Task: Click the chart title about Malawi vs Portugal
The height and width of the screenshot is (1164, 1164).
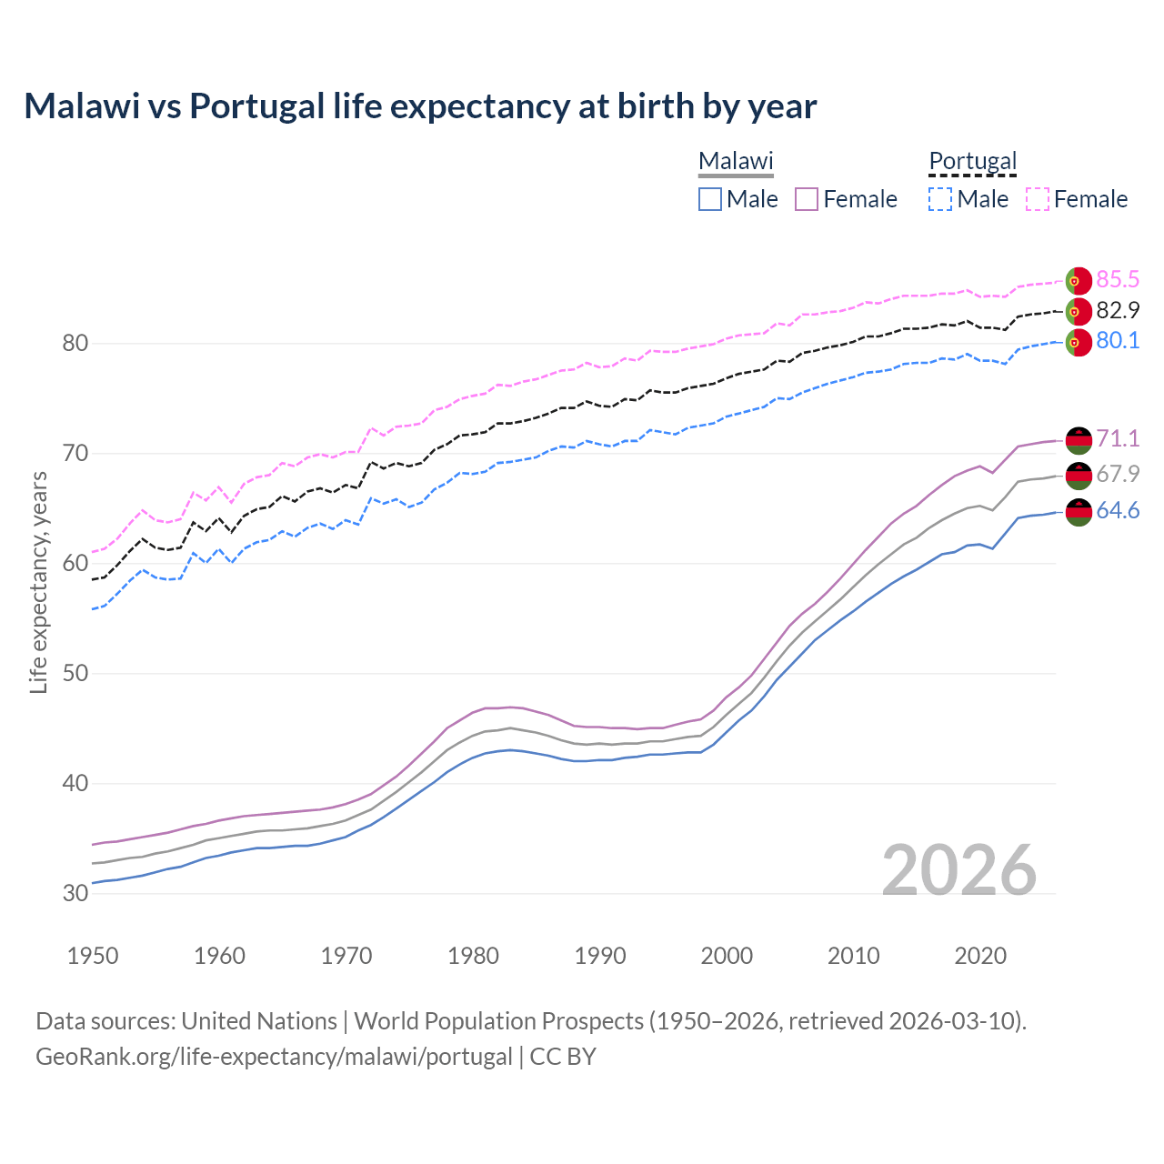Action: tap(420, 106)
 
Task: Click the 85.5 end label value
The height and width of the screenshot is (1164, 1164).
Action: tap(1118, 279)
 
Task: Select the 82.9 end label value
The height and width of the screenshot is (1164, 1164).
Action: tap(1118, 310)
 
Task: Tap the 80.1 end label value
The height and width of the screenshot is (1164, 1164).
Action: tap(1118, 341)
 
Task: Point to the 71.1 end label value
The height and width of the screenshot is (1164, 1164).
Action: tap(1118, 438)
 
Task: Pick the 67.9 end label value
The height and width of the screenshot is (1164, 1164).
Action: tap(1118, 474)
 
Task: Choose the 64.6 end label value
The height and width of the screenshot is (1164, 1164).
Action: tap(1118, 511)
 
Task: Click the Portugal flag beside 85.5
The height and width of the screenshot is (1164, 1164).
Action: tap(1079, 281)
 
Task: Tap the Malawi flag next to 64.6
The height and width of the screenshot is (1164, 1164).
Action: tap(1079, 512)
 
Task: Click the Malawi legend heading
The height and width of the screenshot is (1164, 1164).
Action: tap(736, 161)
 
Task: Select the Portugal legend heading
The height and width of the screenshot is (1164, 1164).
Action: tap(972, 161)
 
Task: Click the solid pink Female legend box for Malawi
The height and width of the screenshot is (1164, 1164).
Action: tap(807, 199)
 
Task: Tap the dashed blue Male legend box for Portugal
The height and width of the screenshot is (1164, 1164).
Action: tap(940, 199)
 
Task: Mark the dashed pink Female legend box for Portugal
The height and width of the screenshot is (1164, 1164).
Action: tap(1038, 199)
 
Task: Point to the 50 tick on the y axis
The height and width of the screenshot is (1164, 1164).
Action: tap(75, 673)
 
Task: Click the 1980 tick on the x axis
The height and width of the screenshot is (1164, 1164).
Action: tap(473, 956)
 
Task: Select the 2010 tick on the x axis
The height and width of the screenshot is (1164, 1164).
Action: tap(853, 956)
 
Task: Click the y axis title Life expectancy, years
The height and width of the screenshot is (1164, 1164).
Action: tap(38, 582)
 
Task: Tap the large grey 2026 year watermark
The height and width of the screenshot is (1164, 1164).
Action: tap(959, 870)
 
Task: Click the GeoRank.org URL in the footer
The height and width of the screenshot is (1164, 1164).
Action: tap(274, 1057)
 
